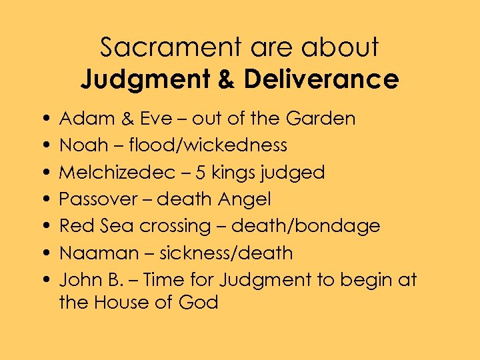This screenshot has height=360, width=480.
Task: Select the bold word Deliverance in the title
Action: [321, 80]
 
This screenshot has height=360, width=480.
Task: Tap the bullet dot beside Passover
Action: [43, 199]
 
